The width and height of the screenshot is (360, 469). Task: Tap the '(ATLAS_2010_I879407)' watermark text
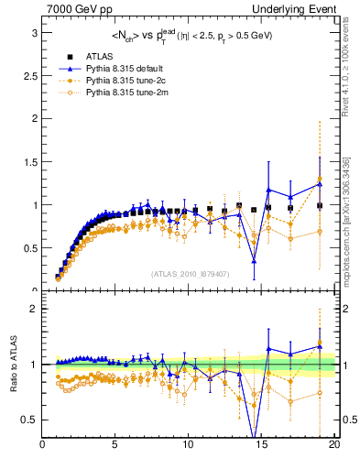[190, 273]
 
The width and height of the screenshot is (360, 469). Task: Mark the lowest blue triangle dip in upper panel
[254, 262]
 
